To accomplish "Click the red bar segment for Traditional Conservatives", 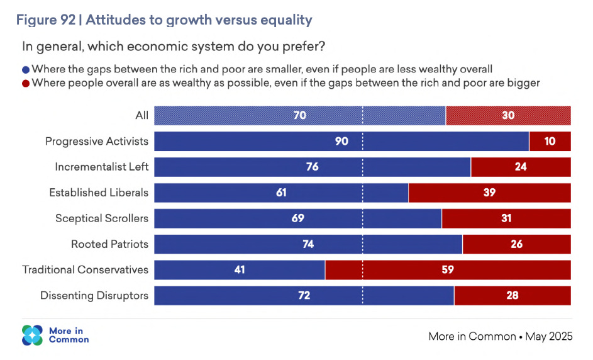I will [x=448, y=270].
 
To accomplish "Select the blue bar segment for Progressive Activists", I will [x=341, y=141].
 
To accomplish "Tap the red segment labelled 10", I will [x=550, y=141].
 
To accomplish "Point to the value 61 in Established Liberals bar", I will [x=281, y=193].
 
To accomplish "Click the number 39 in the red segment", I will [x=489, y=193].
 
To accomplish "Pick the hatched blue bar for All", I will [x=300, y=115].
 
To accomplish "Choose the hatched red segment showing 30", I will [x=508, y=115].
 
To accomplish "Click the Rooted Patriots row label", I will [x=109, y=244].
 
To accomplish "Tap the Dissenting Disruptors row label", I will [x=94, y=295].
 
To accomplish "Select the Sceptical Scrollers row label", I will [x=102, y=218].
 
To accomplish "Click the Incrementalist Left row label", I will [x=102, y=167].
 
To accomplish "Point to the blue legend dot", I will [x=26, y=69].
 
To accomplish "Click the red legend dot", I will [x=26, y=83].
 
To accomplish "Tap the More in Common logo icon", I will [x=32, y=335].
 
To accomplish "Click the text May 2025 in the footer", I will [x=549, y=336].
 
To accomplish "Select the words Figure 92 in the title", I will [x=45, y=20].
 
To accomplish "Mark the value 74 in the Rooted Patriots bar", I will [x=308, y=244].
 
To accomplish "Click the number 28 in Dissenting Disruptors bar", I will [x=512, y=295].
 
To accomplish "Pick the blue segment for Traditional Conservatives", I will [x=240, y=270].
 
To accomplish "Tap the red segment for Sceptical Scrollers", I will [x=506, y=218].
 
